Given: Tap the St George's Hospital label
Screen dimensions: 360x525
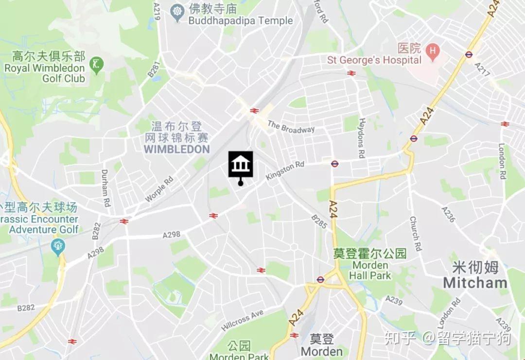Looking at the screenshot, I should point(374,60).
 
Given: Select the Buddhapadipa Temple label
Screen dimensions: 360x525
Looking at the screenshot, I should point(241,21).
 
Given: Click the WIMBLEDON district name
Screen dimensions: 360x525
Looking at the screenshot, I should point(176,149).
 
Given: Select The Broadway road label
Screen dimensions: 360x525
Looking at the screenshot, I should point(291,127).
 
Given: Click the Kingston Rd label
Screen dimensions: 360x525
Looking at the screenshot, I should point(285,171).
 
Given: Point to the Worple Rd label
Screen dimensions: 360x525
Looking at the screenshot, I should point(159,189).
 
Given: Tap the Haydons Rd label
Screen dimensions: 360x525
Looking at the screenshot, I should point(361,138).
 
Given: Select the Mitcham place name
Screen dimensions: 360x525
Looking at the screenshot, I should point(475,282).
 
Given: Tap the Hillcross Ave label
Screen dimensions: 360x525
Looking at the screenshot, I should point(242,321).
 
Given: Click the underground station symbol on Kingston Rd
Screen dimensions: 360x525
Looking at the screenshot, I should point(334,164).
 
